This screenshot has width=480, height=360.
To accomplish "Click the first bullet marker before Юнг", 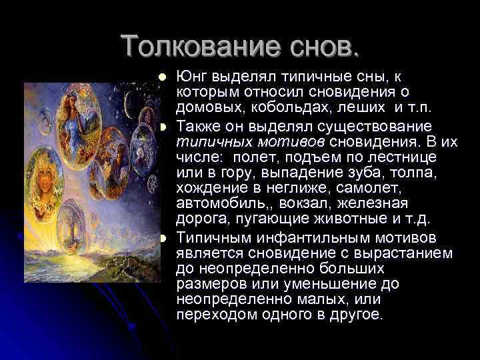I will click(163, 78).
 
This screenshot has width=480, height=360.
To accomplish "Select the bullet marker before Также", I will click(163, 127).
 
